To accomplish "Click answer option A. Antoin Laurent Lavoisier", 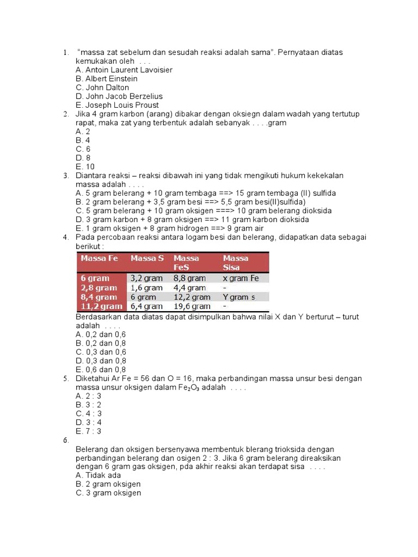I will [124, 70].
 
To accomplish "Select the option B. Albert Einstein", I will [107, 78].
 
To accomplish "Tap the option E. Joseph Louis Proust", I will [117, 105].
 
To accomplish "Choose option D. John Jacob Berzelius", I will [119, 96].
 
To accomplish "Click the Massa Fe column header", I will [100, 258].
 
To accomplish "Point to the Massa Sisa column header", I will [235, 262].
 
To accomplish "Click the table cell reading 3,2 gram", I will [146, 278].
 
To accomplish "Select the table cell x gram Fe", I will [241, 278].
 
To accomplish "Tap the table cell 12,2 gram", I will [192, 297].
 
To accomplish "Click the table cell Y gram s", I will [239, 297].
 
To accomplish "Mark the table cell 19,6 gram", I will [192, 307].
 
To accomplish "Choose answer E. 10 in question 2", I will [85, 166].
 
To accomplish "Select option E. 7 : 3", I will [89, 431].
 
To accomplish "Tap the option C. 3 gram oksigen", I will [108, 493].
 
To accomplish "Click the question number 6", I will [65, 440].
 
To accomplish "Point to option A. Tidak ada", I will [98, 475].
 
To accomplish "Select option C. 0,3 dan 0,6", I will [101, 352].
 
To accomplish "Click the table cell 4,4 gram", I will [189, 288].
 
